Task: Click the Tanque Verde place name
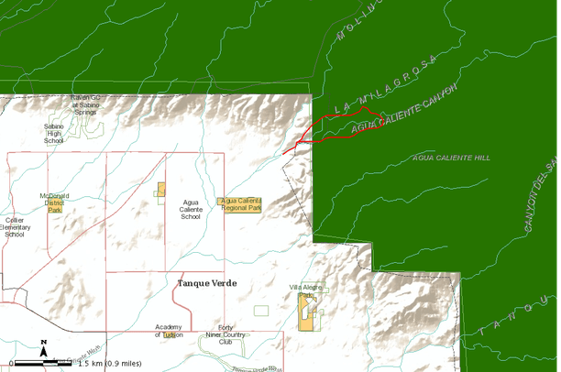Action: pos(206,283)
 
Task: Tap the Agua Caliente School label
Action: pos(191,210)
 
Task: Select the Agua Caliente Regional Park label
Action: pos(241,203)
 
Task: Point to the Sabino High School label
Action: pos(54,135)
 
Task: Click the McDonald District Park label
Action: pos(54,202)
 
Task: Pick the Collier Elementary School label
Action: pos(14,226)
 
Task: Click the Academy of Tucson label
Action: pos(169,331)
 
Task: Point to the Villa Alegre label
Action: pos(306,288)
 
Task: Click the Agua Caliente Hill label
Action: pos(452,158)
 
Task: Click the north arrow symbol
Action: pos(43,347)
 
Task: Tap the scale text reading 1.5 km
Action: pos(109,364)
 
